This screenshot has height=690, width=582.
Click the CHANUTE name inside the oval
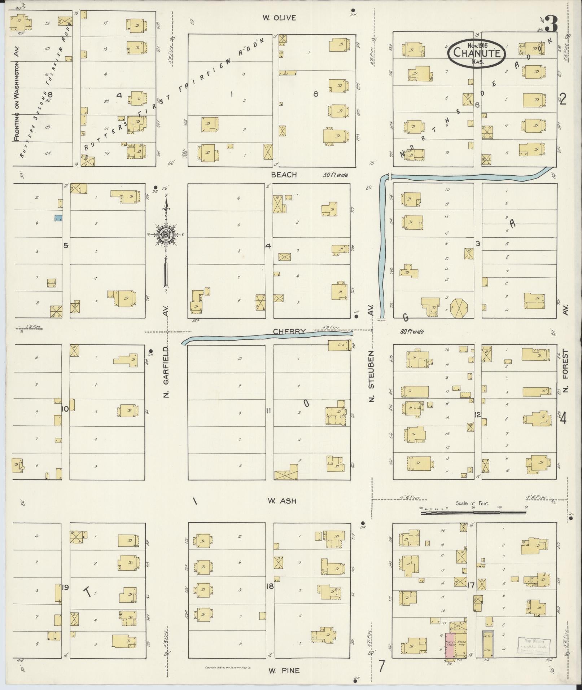[x=476, y=53]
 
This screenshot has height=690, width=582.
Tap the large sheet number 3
[x=551, y=24]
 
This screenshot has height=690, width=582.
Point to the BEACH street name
[x=284, y=175]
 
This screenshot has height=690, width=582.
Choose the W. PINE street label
[x=284, y=671]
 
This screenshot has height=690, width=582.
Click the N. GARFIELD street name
[x=166, y=372]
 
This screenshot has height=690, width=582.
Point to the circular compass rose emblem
[x=166, y=235]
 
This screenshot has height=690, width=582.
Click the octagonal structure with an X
[x=460, y=308]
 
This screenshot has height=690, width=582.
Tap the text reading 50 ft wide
[x=335, y=175]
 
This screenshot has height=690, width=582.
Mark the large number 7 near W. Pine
[x=381, y=666]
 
